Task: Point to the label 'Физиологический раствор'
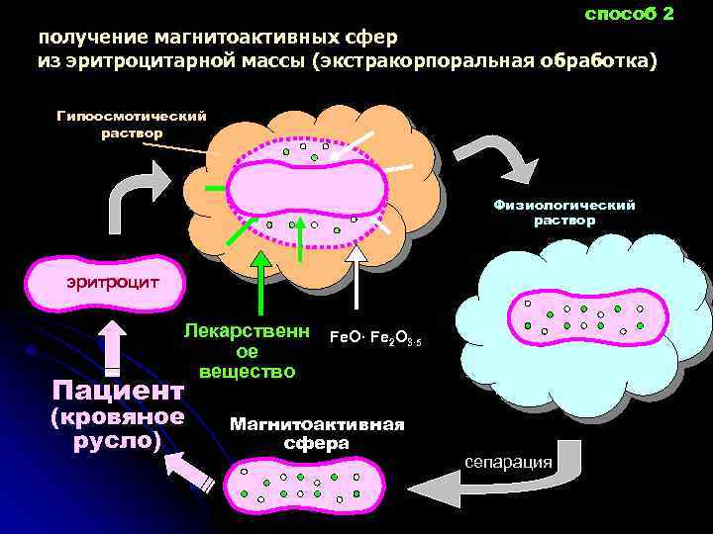[x=564, y=213]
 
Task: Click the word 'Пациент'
[x=118, y=388]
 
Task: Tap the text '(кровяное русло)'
[x=117, y=427]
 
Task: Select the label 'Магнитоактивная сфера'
[x=317, y=433]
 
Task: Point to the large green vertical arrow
[x=259, y=287]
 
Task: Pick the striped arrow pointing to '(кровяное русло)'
[x=193, y=475]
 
